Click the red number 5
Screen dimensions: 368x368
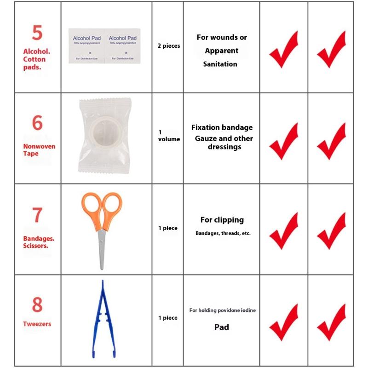click(37, 33)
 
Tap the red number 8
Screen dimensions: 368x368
click(37, 305)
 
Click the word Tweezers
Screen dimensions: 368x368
click(37, 324)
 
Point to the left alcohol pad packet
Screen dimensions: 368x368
click(86, 45)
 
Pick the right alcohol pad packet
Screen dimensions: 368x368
click(123, 45)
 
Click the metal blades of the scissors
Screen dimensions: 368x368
click(102, 251)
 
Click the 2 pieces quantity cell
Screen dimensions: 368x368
click(168, 46)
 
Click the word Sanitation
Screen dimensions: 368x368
click(220, 64)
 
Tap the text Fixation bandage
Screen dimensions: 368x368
click(222, 127)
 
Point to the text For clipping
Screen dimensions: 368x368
click(222, 220)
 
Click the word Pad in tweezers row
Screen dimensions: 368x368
click(221, 328)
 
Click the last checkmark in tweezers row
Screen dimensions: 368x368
click(331, 322)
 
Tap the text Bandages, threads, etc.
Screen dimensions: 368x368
click(223, 233)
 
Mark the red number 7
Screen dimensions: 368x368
click(37, 215)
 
